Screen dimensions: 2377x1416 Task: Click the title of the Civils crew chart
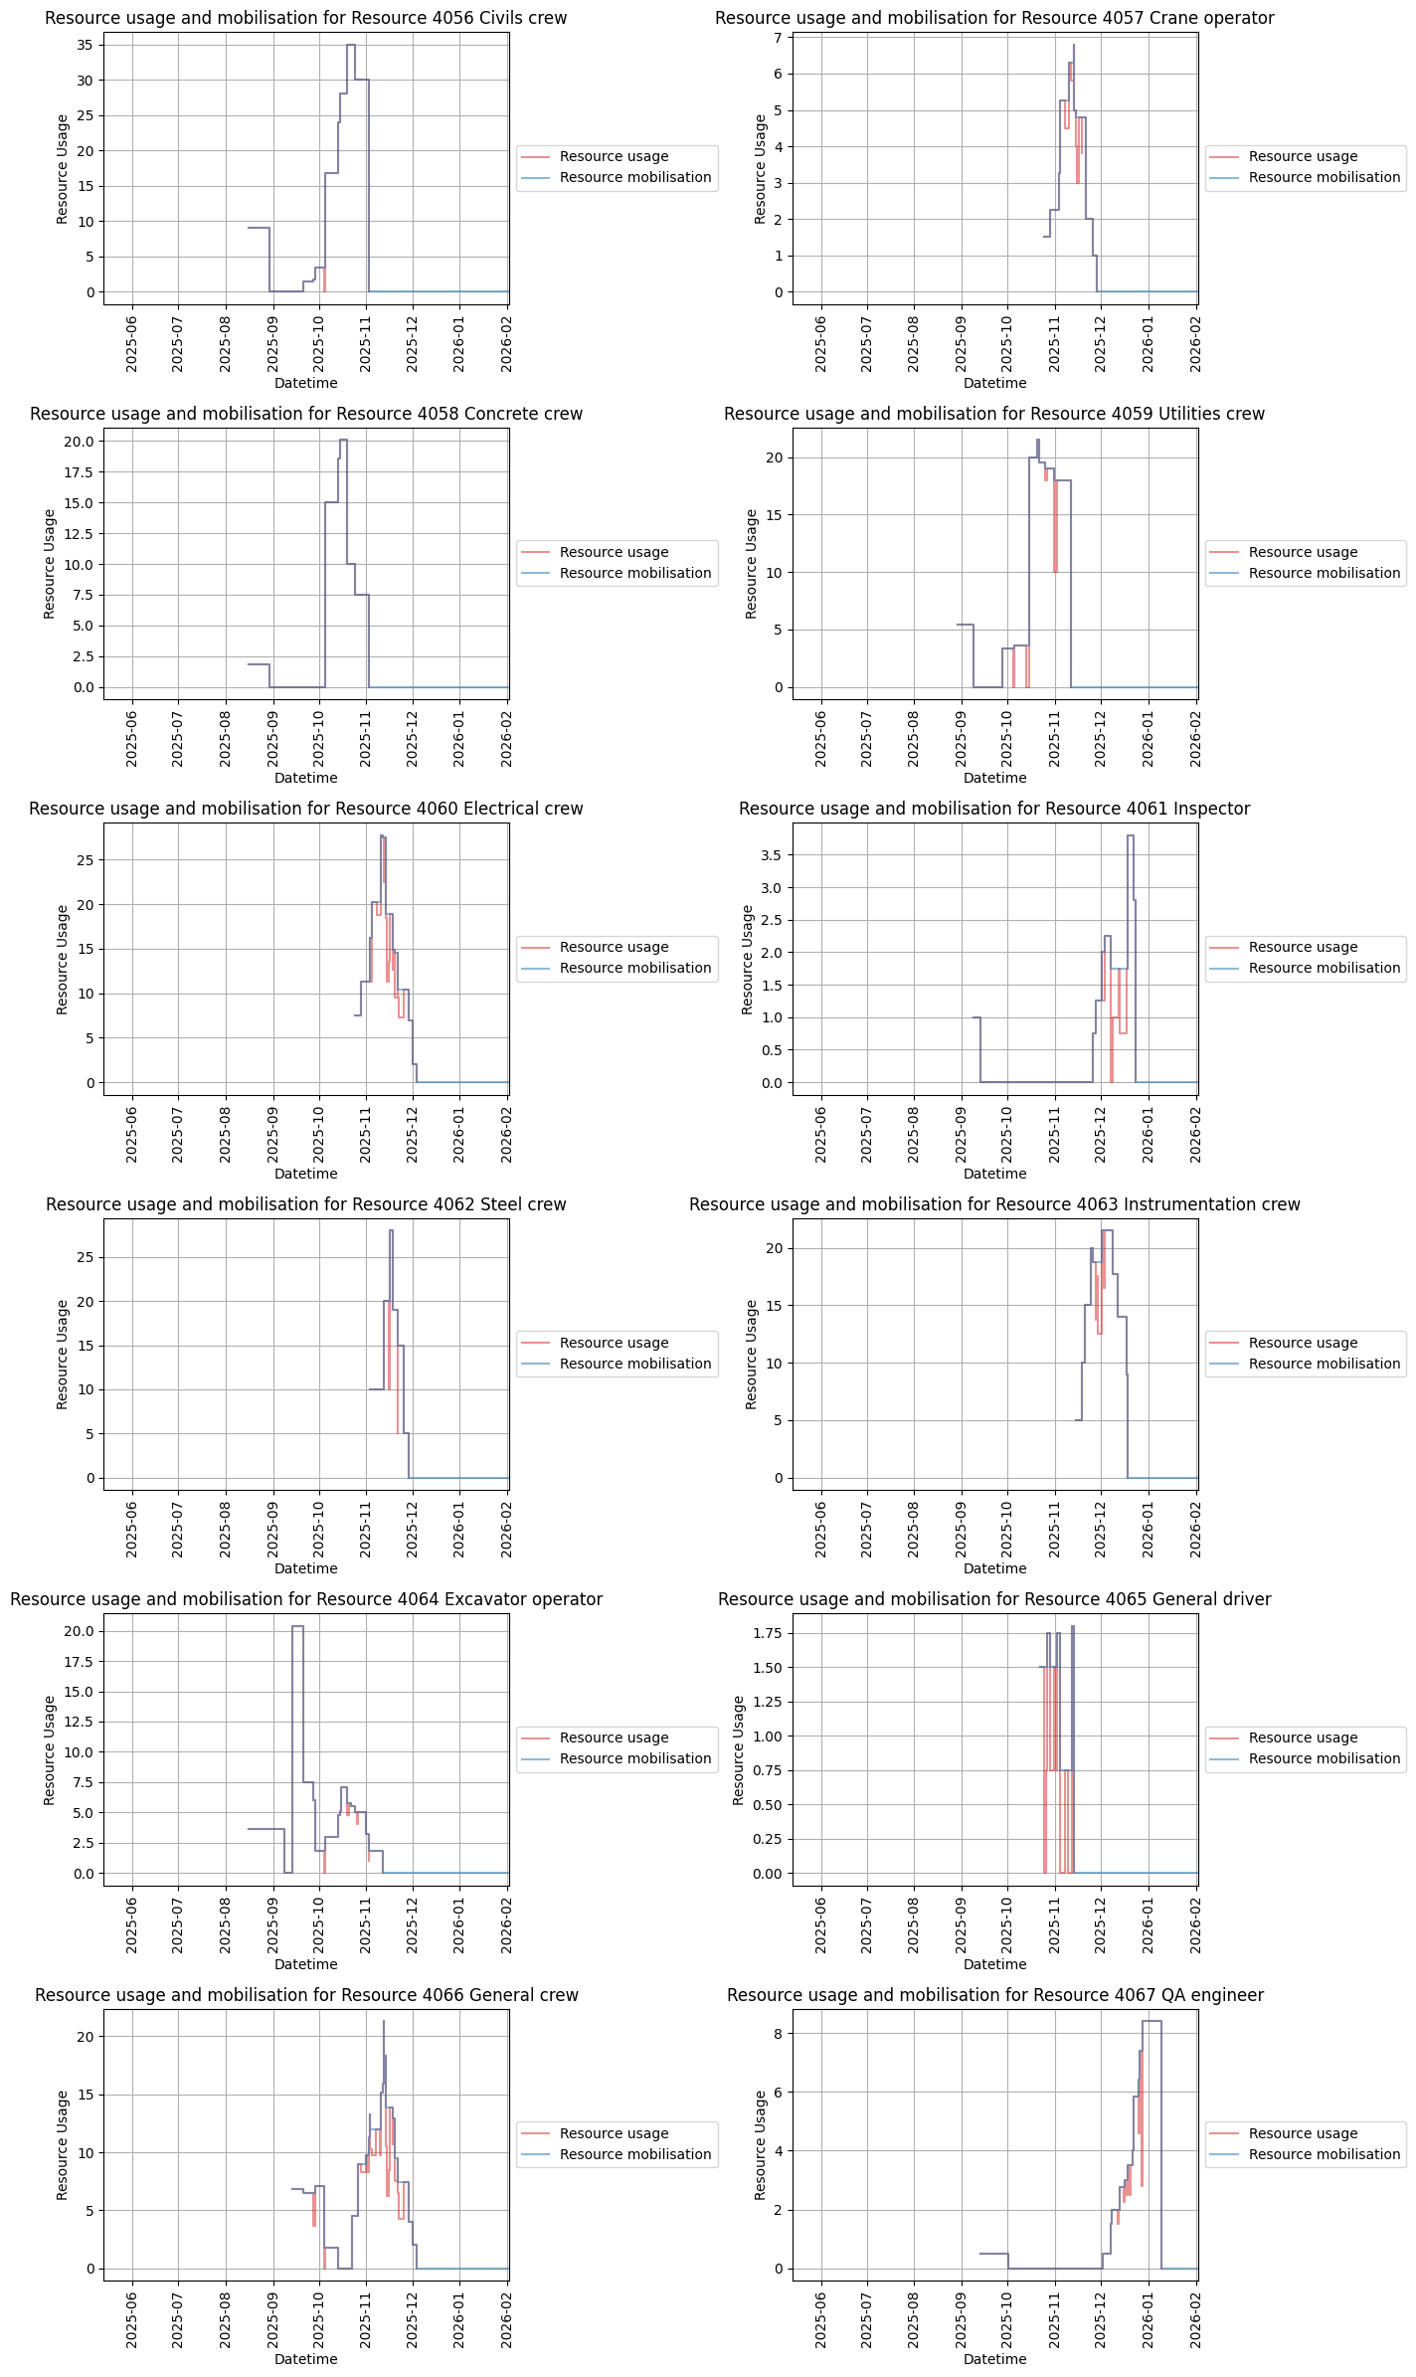305,18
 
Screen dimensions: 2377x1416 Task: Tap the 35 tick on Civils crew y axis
87,45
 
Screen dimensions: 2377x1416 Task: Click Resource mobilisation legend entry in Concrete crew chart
634,573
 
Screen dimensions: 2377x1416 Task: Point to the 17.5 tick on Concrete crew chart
81,472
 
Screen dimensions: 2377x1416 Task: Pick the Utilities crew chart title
993,414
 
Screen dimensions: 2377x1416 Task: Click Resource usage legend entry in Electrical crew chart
614,948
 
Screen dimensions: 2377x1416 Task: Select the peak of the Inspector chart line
1131,836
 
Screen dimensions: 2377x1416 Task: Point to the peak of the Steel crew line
391,1231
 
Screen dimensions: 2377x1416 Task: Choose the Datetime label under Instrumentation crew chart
993,1568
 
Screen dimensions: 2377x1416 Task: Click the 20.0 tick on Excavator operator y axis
81,1631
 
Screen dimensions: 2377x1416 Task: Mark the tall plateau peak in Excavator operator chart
297,1627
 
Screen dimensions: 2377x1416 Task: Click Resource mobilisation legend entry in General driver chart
1324,1758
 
